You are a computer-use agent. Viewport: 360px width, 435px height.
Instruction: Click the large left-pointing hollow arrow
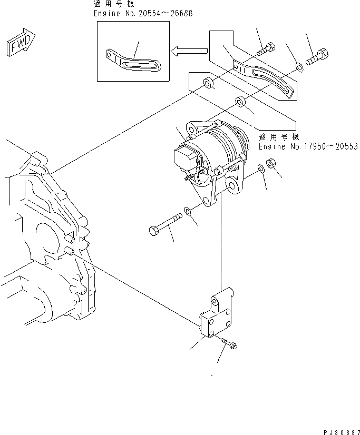pos(189,51)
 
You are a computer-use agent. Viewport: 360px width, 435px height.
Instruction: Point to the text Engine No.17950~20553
pos(308,146)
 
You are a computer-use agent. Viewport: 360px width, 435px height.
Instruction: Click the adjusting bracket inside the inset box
pos(134,61)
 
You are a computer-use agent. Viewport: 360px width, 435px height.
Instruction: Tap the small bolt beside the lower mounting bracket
pos(228,342)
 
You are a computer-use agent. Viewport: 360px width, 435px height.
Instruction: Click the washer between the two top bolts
pos(299,67)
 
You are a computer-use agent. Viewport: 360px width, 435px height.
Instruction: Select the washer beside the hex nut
pos(261,169)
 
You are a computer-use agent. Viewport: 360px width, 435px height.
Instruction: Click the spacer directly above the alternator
pos(240,100)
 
